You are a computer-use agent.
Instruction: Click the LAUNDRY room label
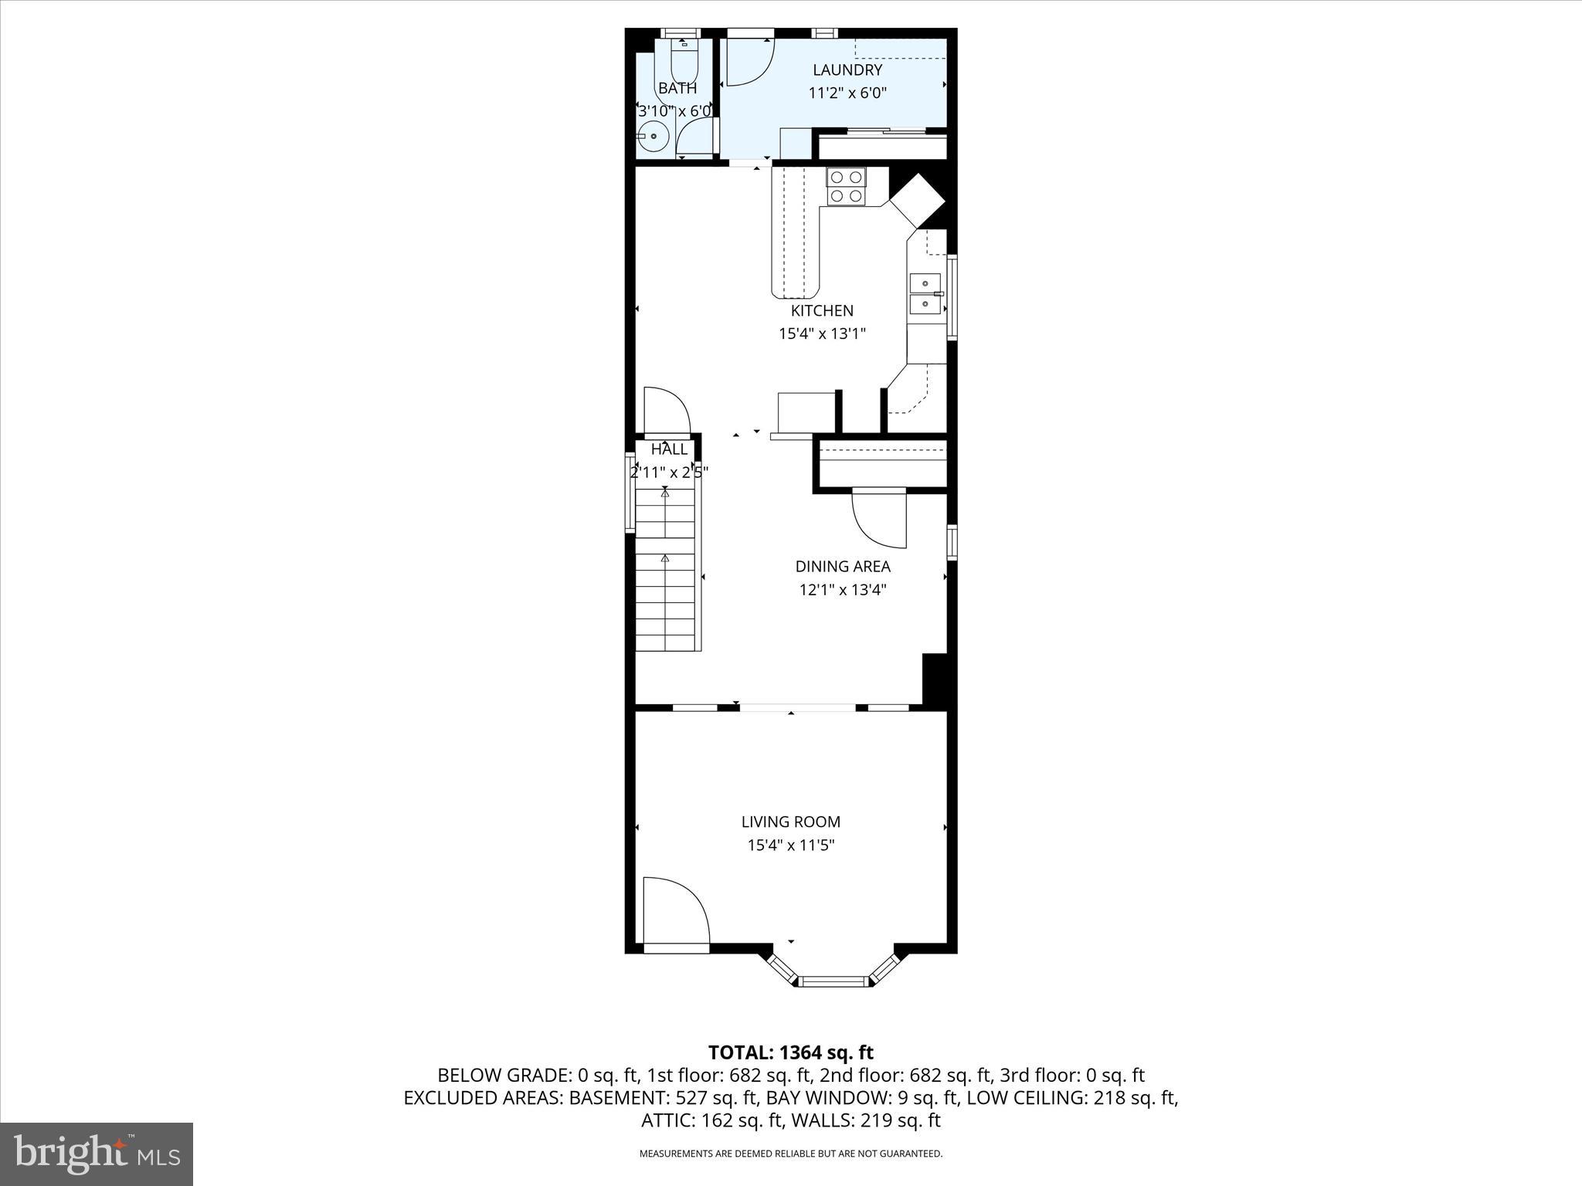coord(847,70)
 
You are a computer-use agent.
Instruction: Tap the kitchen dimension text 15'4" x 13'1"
coord(822,334)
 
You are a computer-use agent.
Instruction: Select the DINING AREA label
coord(843,566)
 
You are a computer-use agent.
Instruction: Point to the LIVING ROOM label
coord(790,822)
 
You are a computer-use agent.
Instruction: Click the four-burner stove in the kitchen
coord(845,186)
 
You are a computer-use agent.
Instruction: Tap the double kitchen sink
coord(925,293)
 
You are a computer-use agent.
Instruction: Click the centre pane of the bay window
coord(833,981)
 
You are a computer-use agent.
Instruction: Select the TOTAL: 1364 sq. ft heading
coord(790,1052)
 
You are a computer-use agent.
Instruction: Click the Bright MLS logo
coord(97,1154)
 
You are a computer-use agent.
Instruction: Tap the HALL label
coord(669,449)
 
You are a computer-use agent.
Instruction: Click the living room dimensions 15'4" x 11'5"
coord(790,845)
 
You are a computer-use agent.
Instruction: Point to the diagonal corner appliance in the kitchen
coord(917,201)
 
